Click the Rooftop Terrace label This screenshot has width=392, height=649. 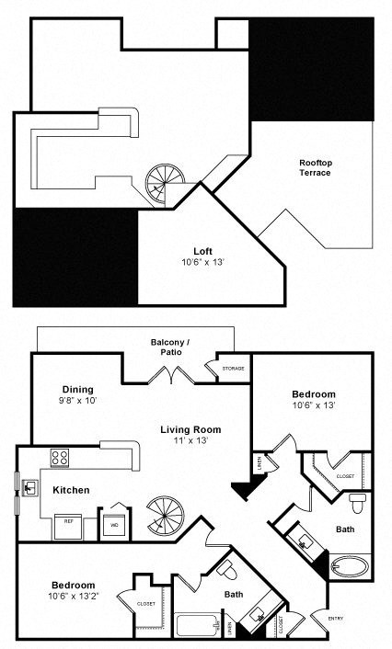[x=315, y=167]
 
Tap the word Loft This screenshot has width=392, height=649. [x=202, y=250]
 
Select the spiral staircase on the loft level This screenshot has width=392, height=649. [x=166, y=184]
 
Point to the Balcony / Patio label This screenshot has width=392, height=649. [x=169, y=347]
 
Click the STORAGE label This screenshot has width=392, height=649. [x=234, y=370]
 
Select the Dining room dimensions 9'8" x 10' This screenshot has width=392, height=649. [x=79, y=401]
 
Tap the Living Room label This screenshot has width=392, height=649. [x=190, y=429]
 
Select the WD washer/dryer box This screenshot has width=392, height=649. [x=116, y=525]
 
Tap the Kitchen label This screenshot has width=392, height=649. [x=71, y=490]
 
